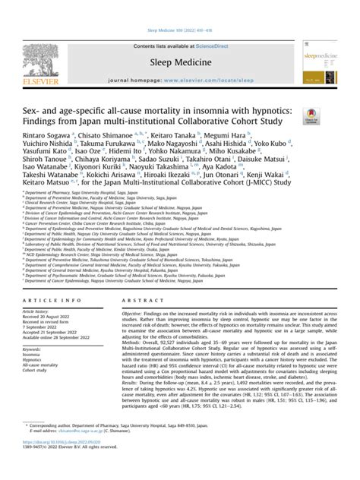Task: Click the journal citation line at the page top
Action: (179, 5)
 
